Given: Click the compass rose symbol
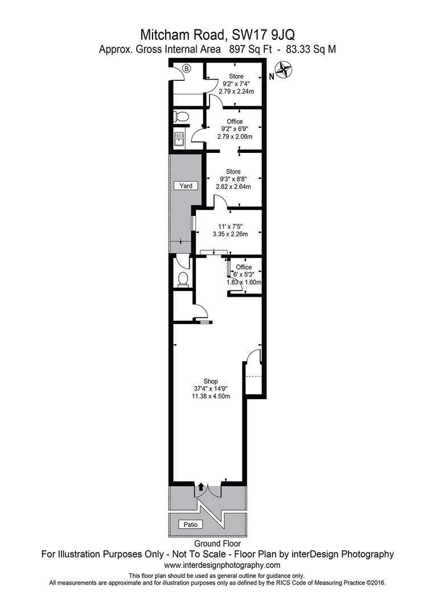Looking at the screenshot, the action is coord(284,70).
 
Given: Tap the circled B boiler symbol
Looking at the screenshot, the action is coord(187,69).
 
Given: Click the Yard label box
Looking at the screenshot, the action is coord(186,185).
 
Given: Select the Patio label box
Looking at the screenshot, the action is coord(191,524).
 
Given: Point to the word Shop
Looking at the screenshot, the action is coord(211,381).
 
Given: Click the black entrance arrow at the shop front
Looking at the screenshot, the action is coord(200,487).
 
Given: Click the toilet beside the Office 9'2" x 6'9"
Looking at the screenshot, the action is coord(182,117).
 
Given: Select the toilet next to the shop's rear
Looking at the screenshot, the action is coord(183,280).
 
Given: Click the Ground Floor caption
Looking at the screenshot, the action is coord(217,544).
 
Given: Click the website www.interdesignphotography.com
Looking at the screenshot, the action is coord(222,565).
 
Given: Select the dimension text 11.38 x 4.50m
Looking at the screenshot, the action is coord(211,396).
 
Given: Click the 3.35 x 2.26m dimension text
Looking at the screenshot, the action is coord(230,234).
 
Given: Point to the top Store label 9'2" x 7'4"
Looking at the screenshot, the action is coord(236,84).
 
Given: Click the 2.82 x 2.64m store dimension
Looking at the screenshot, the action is coord(233,186).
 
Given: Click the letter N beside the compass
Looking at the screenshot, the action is coord(272,77).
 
